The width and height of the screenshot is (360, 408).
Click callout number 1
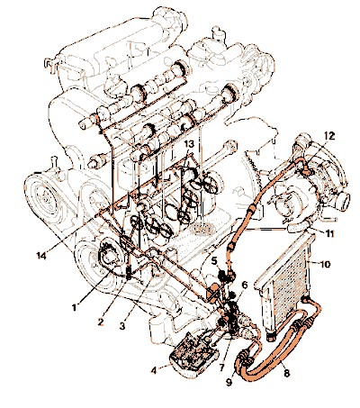75,307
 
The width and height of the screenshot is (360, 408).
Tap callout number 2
101,322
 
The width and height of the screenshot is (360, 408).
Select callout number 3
122,326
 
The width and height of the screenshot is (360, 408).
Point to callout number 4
154,370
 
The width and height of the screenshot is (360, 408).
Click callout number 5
214,260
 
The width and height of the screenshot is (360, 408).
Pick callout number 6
245,285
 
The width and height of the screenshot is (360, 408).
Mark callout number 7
221,367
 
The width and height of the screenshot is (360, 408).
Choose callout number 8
287,373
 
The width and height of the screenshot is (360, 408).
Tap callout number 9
229,382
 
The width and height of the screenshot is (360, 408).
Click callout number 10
325,264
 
